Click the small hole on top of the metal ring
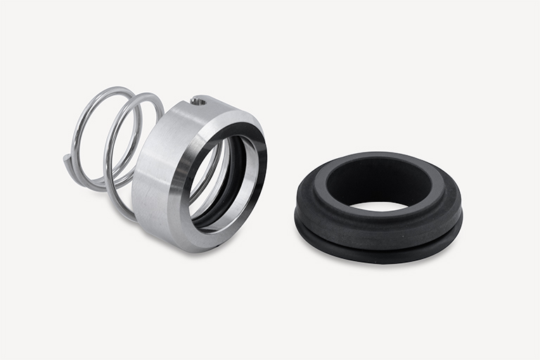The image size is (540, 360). [x=199, y=102]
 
